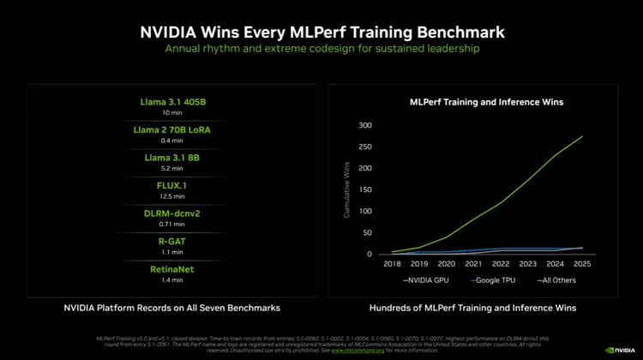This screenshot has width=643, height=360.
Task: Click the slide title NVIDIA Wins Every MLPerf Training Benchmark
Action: point(321,32)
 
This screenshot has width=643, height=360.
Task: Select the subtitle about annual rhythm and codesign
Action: point(321,50)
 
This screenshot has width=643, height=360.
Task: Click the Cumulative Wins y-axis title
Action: point(347,190)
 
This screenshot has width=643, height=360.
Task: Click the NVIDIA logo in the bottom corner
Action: point(621,350)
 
